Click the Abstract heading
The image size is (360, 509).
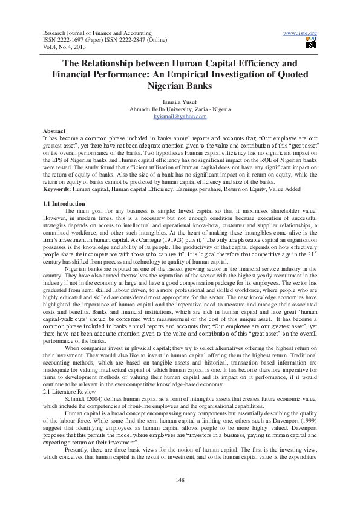[x=54, y=131]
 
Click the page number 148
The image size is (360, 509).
[x=180, y=479]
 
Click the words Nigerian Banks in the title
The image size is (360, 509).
[x=180, y=86]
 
